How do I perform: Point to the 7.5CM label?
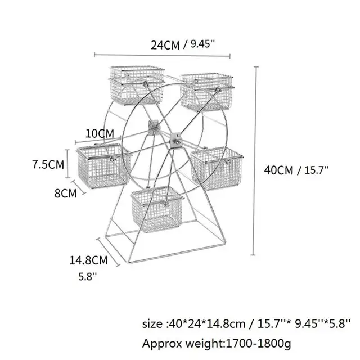click(47, 165)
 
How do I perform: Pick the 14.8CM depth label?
click(88, 260)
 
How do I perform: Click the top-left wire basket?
click(136, 84)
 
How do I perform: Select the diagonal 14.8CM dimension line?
click(110, 252)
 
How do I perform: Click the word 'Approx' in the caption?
click(161, 343)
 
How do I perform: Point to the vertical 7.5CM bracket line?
click(68, 164)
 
